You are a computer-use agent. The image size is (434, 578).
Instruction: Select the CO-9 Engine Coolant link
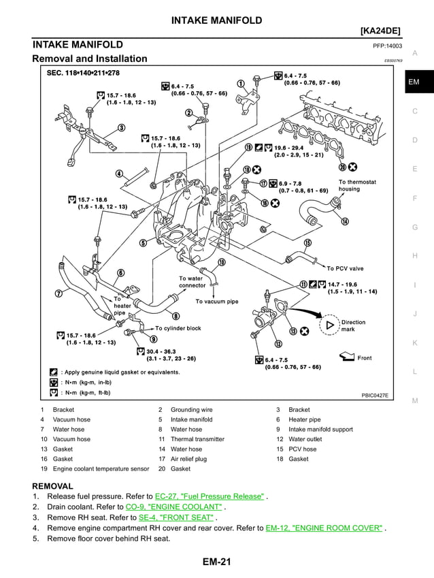coord(174,507)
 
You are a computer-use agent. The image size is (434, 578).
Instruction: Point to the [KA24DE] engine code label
coord(381,32)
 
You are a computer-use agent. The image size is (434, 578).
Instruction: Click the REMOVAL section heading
coord(53,486)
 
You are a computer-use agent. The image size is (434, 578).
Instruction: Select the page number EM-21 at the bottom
coord(216,562)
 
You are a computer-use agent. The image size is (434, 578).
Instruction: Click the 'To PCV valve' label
coord(345,268)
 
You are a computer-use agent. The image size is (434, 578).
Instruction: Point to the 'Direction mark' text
coord(353,325)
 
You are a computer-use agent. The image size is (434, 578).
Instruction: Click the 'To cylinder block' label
coord(178,328)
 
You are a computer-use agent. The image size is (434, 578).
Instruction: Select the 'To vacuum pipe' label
coord(217,301)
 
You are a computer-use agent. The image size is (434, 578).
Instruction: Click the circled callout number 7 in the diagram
coord(59,293)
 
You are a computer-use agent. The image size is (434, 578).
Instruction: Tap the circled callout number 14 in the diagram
coord(345,221)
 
